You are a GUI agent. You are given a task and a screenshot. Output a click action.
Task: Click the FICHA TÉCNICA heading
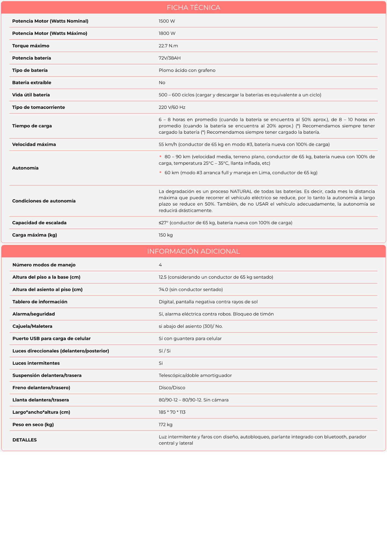click(x=193, y=7)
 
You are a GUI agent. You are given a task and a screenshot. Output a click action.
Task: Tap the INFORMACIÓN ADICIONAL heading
click(x=193, y=251)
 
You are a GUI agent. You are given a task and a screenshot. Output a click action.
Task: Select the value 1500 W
click(x=167, y=21)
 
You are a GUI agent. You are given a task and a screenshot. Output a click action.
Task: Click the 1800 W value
click(x=167, y=33)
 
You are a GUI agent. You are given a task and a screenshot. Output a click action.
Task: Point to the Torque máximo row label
click(x=31, y=46)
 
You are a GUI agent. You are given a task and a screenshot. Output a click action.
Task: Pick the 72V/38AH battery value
click(x=169, y=58)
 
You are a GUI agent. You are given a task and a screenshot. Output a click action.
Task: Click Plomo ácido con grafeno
click(x=187, y=70)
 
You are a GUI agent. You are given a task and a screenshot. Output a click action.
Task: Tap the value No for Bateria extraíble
click(x=162, y=83)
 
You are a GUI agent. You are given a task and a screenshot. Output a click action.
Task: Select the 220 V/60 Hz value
click(x=172, y=107)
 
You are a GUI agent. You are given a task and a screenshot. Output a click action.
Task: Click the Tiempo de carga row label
click(x=32, y=126)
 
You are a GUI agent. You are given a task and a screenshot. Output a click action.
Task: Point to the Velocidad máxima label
click(x=34, y=144)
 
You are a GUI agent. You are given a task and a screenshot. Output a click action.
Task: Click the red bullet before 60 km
click(x=160, y=172)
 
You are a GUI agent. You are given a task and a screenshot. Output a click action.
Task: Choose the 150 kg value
click(x=166, y=235)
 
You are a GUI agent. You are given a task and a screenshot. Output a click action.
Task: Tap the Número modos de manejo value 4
click(x=160, y=265)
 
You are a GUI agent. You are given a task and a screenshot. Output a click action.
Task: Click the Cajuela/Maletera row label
click(x=32, y=326)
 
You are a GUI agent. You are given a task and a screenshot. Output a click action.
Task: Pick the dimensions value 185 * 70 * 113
click(x=172, y=412)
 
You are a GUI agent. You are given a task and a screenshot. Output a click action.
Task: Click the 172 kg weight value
click(x=165, y=424)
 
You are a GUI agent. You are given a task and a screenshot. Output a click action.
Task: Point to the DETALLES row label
click(x=25, y=440)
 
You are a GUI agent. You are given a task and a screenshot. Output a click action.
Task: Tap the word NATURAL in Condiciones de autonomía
click(x=241, y=191)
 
